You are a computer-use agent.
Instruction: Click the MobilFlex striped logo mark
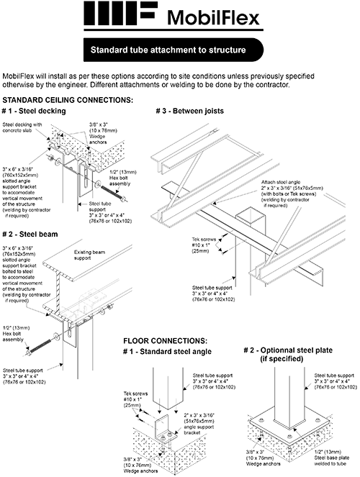point(120,13)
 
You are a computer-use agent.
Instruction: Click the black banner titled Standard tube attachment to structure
point(174,50)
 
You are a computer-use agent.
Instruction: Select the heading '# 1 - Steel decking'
point(34,111)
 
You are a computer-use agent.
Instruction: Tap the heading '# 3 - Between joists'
point(190,111)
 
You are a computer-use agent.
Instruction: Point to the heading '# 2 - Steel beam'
point(30,235)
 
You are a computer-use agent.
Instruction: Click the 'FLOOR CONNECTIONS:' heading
point(166,341)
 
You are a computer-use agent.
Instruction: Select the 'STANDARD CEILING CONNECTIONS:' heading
point(68,100)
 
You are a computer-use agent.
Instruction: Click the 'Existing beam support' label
point(89,255)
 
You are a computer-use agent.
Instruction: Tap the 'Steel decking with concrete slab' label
point(22,127)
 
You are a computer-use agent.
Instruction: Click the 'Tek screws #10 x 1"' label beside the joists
point(204,245)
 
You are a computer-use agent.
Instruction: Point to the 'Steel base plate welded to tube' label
point(332,458)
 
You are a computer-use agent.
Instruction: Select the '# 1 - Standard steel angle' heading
point(167,352)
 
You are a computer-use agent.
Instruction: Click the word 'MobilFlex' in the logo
point(213,18)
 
